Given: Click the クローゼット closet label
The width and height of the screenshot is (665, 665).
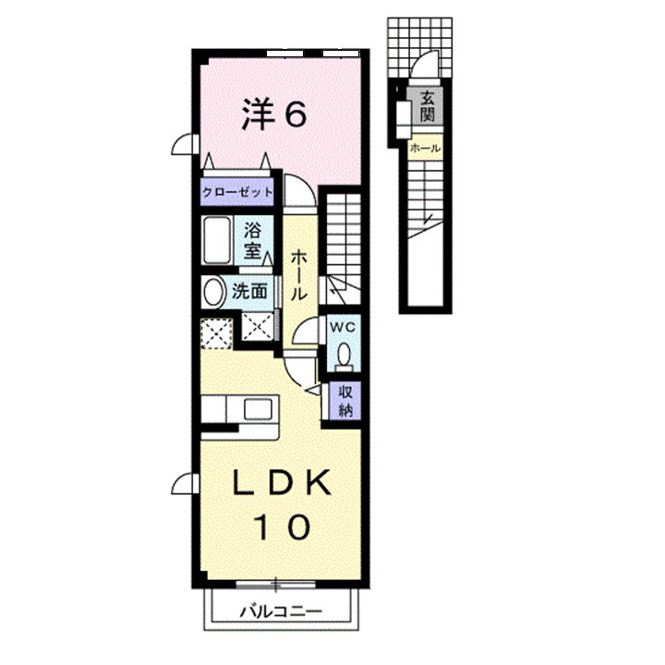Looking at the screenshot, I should point(238,192).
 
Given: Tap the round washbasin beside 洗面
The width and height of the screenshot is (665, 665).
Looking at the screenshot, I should point(214,293).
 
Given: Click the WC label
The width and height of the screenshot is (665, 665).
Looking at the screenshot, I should point(343,328).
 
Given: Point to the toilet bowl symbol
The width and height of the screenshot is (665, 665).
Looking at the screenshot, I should point(343,357).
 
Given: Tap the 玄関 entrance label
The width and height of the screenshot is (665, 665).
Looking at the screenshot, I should point(426,107).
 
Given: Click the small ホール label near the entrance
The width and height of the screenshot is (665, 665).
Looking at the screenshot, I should point(425,149).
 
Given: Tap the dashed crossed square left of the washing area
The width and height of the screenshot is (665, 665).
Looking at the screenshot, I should point(216,332).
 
